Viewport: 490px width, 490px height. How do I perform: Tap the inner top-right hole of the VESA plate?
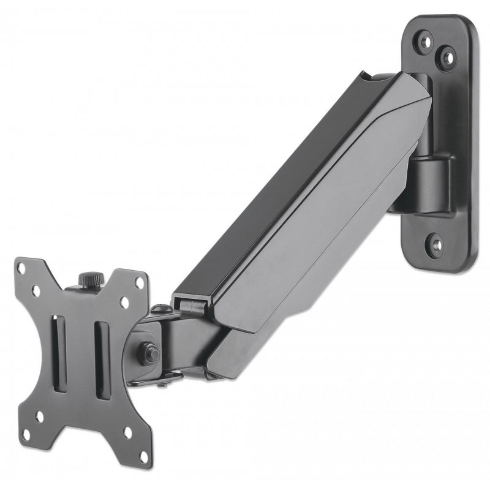(x=124, y=303)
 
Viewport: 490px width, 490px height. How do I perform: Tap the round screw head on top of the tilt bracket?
(x=160, y=308)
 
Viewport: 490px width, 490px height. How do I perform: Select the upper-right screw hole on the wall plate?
(x=447, y=59)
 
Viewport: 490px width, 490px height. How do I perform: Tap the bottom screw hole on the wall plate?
(x=435, y=243)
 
